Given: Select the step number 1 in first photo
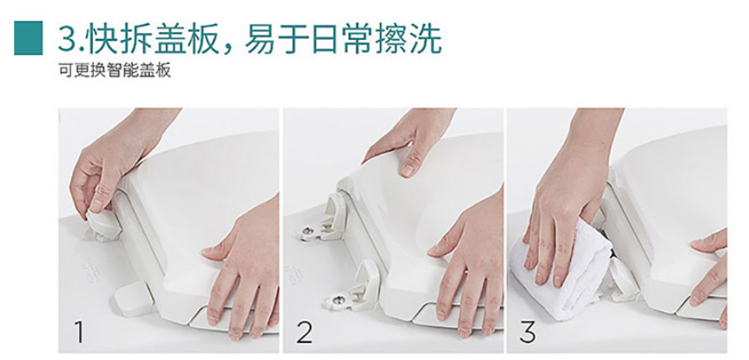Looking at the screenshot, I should [x=80, y=333].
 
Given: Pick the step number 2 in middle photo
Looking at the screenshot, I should [x=305, y=333].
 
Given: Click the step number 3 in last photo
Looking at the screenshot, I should [x=528, y=333].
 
